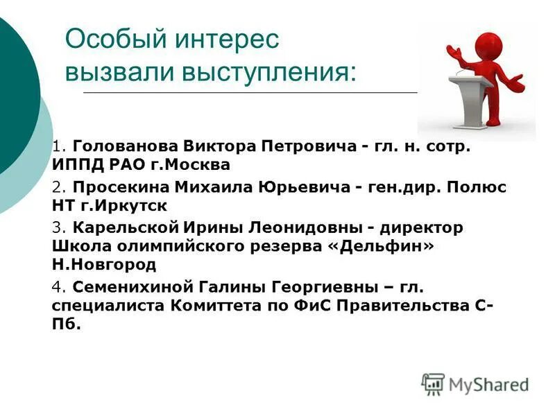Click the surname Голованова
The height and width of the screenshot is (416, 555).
125,147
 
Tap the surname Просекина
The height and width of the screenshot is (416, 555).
121,188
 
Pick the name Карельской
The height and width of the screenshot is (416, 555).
126,228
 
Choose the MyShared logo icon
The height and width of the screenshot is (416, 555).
433,384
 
